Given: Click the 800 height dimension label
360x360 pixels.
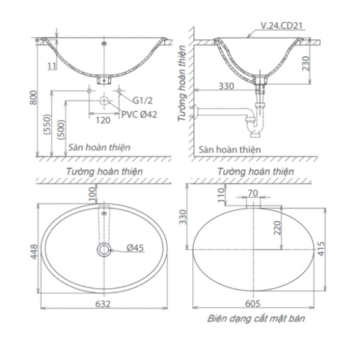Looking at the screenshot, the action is click(34, 98).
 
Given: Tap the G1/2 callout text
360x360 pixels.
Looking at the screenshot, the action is click(142, 101).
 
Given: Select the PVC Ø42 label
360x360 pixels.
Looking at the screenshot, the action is click(139, 115).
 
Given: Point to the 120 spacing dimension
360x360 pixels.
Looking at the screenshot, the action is click(103, 120).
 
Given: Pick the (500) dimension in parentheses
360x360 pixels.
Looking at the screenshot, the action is click(62, 130).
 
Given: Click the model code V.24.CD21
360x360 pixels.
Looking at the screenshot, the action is click(281, 26).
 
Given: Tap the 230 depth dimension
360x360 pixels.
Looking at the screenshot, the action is click(306, 64).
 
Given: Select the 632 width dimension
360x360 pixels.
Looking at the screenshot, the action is click(103, 304).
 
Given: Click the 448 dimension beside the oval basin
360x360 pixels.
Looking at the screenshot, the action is click(34, 252).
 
